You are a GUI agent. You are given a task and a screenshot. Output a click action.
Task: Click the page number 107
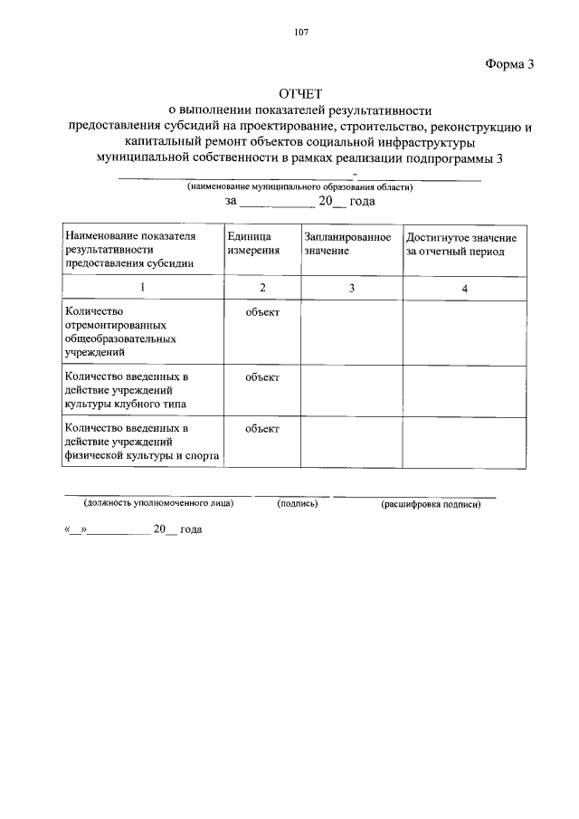click(301, 33)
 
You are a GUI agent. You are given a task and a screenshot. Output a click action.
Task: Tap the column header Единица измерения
click(254, 243)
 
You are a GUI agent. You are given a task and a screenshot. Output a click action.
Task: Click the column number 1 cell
click(142, 287)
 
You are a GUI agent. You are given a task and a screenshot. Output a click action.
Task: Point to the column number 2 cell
click(262, 287)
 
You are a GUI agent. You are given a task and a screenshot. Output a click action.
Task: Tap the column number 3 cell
click(352, 287)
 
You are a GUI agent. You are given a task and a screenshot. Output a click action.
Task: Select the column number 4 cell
click(464, 288)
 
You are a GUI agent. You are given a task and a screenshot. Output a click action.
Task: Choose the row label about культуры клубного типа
click(127, 390)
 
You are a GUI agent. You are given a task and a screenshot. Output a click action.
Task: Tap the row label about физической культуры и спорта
click(142, 443)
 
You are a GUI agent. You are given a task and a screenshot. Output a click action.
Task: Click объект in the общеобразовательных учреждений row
click(262, 312)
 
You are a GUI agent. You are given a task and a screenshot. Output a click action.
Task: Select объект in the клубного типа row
click(262, 376)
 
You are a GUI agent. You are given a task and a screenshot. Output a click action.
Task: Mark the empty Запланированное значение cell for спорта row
click(352, 443)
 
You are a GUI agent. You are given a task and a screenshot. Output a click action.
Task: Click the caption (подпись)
click(298, 503)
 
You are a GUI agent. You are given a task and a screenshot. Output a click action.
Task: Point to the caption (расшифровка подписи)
click(431, 504)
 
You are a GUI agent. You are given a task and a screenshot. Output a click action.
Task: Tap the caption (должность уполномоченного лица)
click(158, 503)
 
